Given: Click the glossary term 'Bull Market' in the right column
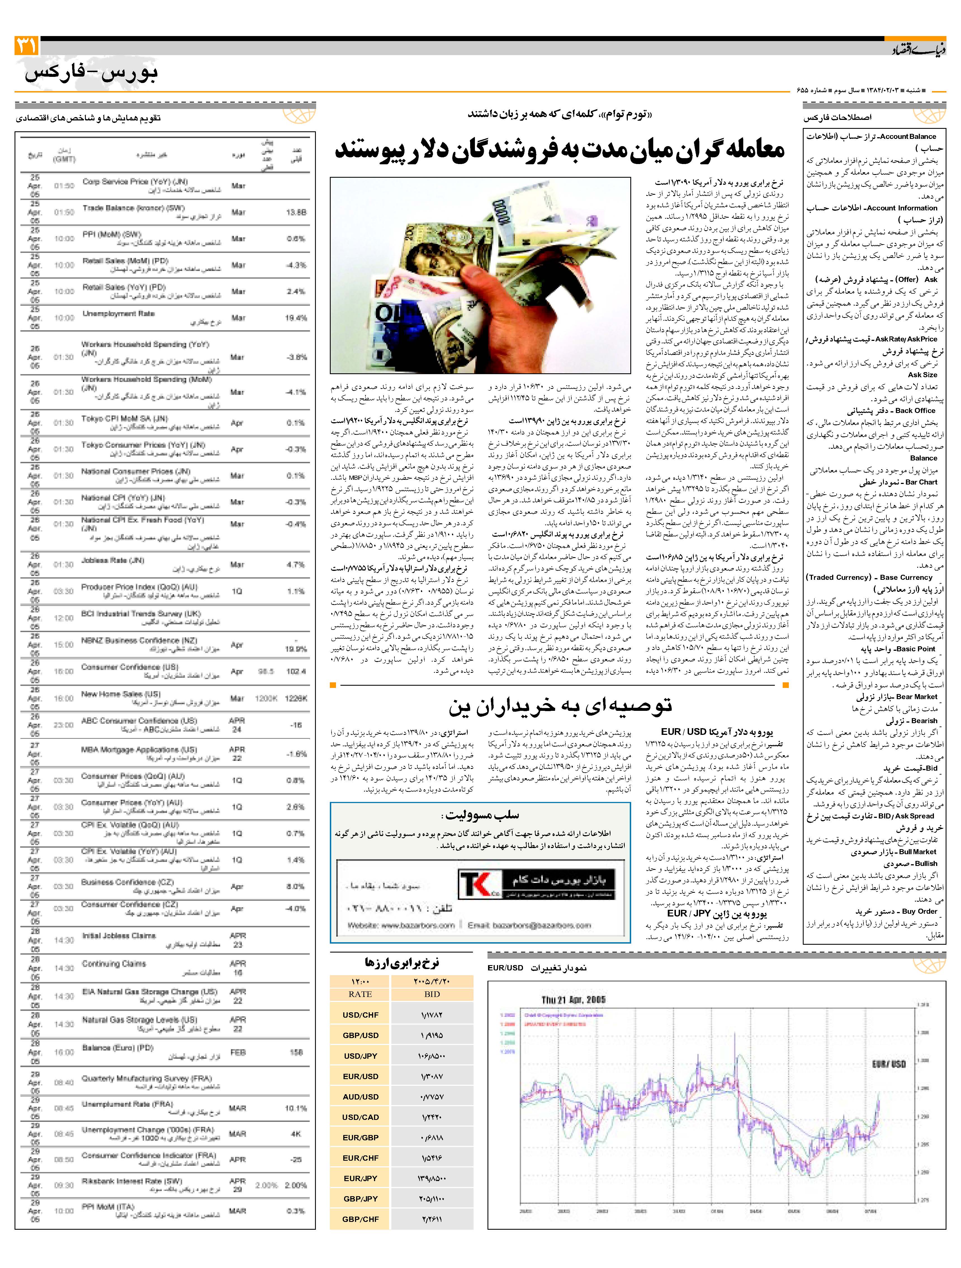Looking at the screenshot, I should (x=918, y=852).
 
